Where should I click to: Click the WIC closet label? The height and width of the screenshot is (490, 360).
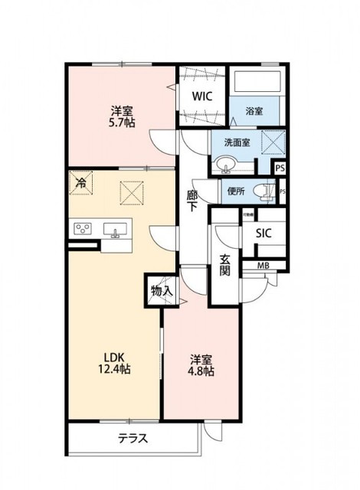click(x=201, y=97)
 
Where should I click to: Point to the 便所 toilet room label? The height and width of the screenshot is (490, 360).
click(x=235, y=191)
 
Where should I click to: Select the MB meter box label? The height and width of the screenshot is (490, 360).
click(x=263, y=266)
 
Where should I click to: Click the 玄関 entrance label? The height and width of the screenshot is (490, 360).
click(x=225, y=264)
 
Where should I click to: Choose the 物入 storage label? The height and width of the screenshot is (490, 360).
click(x=162, y=291)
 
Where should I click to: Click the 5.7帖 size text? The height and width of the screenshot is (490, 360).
click(x=122, y=122)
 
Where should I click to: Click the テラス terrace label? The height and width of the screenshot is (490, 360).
click(x=133, y=440)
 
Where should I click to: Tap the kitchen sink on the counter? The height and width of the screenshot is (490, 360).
click(x=117, y=230)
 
